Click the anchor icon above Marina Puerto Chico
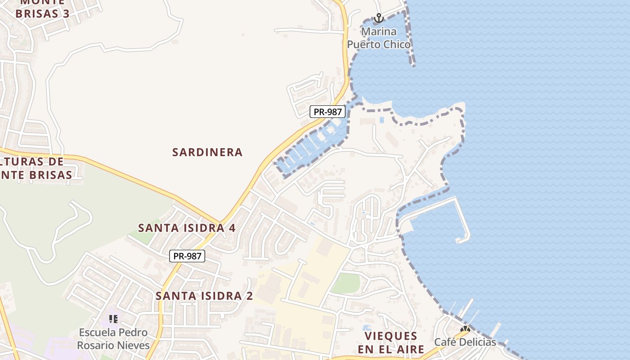379,18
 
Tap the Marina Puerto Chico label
379,38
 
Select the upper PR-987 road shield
328,112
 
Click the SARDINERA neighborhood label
207,153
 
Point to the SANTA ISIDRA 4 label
187,228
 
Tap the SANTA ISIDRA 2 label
204,296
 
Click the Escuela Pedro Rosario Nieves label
113,339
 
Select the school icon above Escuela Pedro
113,319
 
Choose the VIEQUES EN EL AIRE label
391,342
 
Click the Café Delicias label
465,342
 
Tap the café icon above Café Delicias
465,330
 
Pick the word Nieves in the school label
133,345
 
